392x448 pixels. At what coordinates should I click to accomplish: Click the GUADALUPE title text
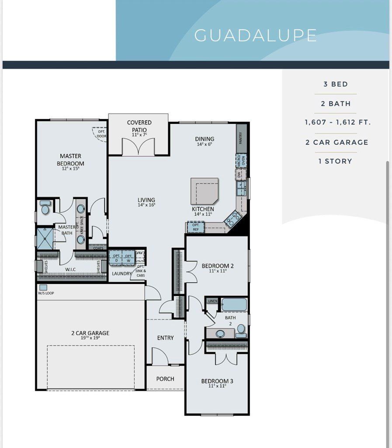point(255,35)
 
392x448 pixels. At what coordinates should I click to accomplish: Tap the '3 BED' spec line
point(336,84)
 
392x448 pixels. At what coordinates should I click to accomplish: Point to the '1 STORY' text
point(335,161)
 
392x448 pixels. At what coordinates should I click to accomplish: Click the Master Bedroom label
point(70,160)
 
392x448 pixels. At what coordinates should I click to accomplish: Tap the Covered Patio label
point(139,126)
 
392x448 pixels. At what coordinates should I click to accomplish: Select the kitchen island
point(204,190)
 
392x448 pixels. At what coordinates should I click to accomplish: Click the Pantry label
point(241,138)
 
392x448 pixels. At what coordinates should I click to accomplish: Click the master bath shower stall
point(45,238)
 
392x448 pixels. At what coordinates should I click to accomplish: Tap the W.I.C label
point(70,269)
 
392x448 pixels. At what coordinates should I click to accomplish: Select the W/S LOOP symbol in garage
point(43,287)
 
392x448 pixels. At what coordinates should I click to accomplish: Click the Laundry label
point(121,274)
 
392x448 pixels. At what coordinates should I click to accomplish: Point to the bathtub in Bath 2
point(234,304)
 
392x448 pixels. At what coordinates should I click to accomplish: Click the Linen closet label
point(213,301)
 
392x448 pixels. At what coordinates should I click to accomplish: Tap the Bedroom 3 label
point(217,381)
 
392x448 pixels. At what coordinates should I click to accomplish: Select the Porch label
point(165,379)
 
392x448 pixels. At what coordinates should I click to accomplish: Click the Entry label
point(165,338)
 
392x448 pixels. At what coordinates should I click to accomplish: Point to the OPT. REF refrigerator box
point(196,227)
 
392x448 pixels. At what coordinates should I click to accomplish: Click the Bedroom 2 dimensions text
point(217,271)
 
